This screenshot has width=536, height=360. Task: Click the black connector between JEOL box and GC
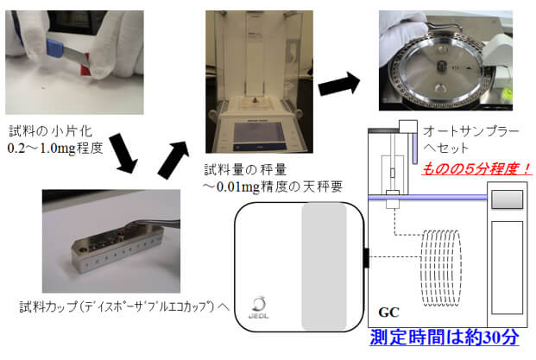click(366, 256)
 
